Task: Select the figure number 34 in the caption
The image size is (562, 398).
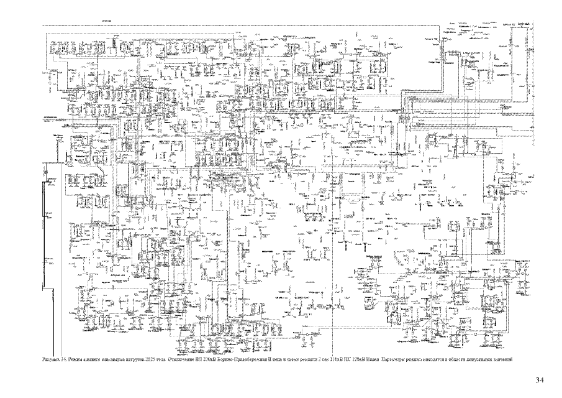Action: [63, 359]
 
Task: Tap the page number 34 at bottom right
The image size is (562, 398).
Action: [539, 379]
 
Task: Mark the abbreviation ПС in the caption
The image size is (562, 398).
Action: [341, 359]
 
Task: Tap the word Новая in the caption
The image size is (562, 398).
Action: [367, 359]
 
